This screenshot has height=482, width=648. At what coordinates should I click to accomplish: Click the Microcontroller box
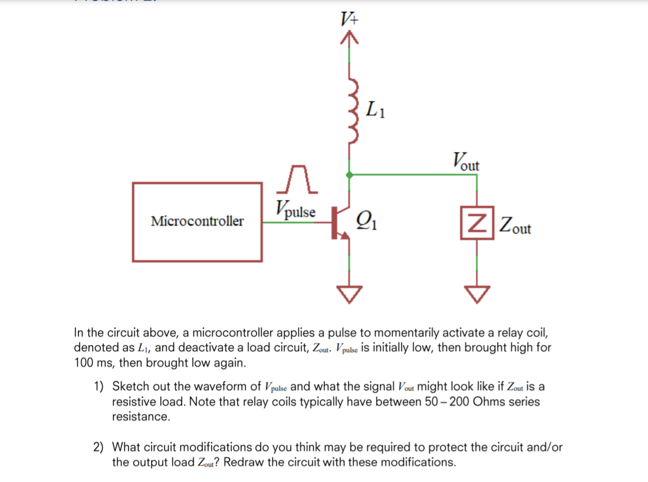pyautogui.click(x=197, y=221)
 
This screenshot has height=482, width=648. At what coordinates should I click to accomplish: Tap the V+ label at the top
pyautogui.click(x=350, y=19)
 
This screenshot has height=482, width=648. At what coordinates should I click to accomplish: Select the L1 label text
pyautogui.click(x=376, y=110)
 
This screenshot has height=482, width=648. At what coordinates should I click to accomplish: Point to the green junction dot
pyautogui.click(x=350, y=175)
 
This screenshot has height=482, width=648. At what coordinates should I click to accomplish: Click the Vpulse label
pyautogui.click(x=295, y=210)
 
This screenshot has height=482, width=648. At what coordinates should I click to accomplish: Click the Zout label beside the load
pyautogui.click(x=514, y=225)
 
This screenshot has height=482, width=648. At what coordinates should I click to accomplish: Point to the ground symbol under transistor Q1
pyautogui.click(x=350, y=293)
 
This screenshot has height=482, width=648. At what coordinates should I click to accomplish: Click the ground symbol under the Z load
pyautogui.click(x=477, y=293)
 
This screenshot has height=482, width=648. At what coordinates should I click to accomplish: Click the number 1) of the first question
pyautogui.click(x=99, y=387)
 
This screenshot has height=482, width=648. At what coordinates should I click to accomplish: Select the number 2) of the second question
pyautogui.click(x=99, y=447)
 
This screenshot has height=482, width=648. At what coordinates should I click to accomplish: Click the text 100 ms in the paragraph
pyautogui.click(x=94, y=362)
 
